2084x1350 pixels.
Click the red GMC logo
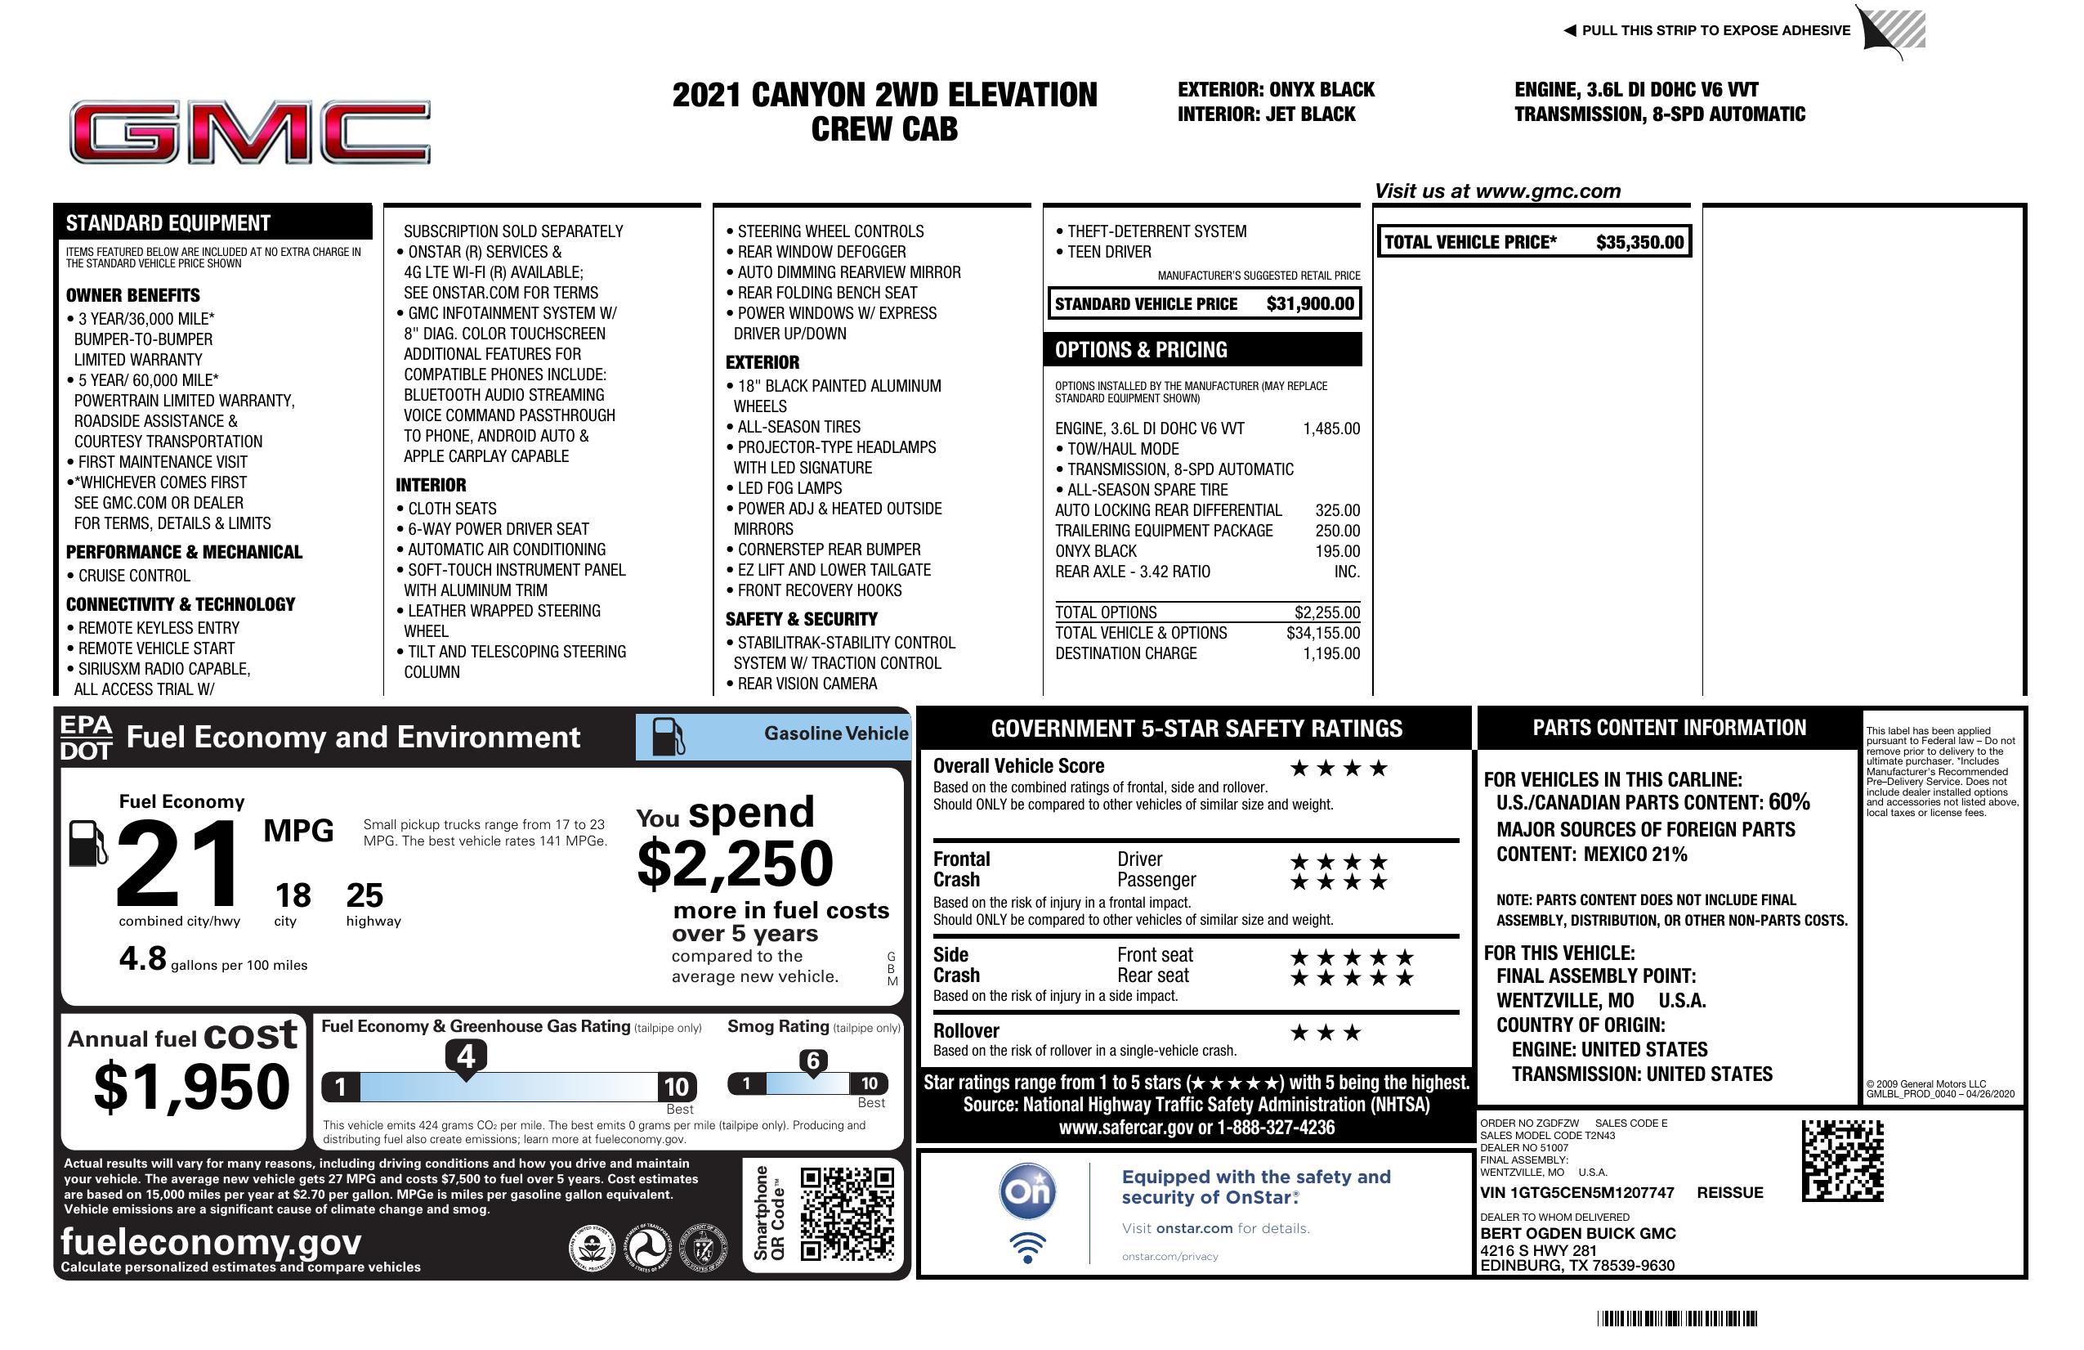pyautogui.click(x=249, y=132)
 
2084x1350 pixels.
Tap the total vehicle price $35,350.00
pyautogui.click(x=1639, y=243)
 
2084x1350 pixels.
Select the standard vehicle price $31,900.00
pyautogui.click(x=1310, y=304)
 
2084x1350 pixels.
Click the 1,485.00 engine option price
pyautogui.click(x=1331, y=428)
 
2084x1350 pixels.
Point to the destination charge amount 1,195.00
pyautogui.click(x=1331, y=653)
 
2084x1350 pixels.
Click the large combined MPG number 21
pyautogui.click(x=178, y=863)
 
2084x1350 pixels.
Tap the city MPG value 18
pyautogui.click(x=293, y=895)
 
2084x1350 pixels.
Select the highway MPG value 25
pyautogui.click(x=364, y=895)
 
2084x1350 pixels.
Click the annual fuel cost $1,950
pyautogui.click(x=191, y=1087)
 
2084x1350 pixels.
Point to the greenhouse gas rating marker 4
pyautogui.click(x=466, y=1056)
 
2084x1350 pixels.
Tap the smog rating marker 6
pyautogui.click(x=812, y=1061)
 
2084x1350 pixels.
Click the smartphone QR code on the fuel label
pyautogui.click(x=847, y=1213)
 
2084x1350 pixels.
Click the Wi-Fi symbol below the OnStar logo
pyautogui.click(x=1027, y=1247)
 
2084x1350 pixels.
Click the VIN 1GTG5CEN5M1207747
pyautogui.click(x=1576, y=1192)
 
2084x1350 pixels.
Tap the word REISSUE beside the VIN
pyautogui.click(x=1729, y=1192)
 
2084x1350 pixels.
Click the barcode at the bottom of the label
pyautogui.click(x=1676, y=1318)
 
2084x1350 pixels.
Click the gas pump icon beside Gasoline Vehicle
pyautogui.click(x=669, y=737)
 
